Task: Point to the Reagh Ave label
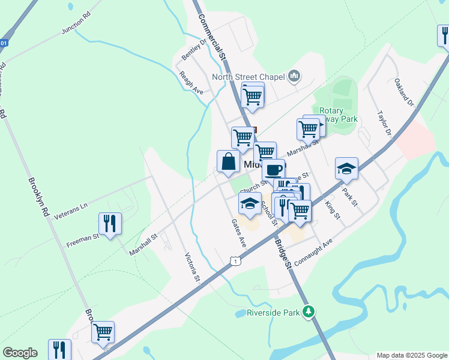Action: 191,83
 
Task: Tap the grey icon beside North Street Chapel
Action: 294,76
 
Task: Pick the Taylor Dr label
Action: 384,123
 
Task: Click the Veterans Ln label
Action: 71,211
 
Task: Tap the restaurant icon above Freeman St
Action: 110,224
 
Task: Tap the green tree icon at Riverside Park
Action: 309,311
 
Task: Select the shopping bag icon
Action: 228,161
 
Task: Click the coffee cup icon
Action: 273,170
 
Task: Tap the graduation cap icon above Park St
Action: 346,169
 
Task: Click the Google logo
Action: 20,353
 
